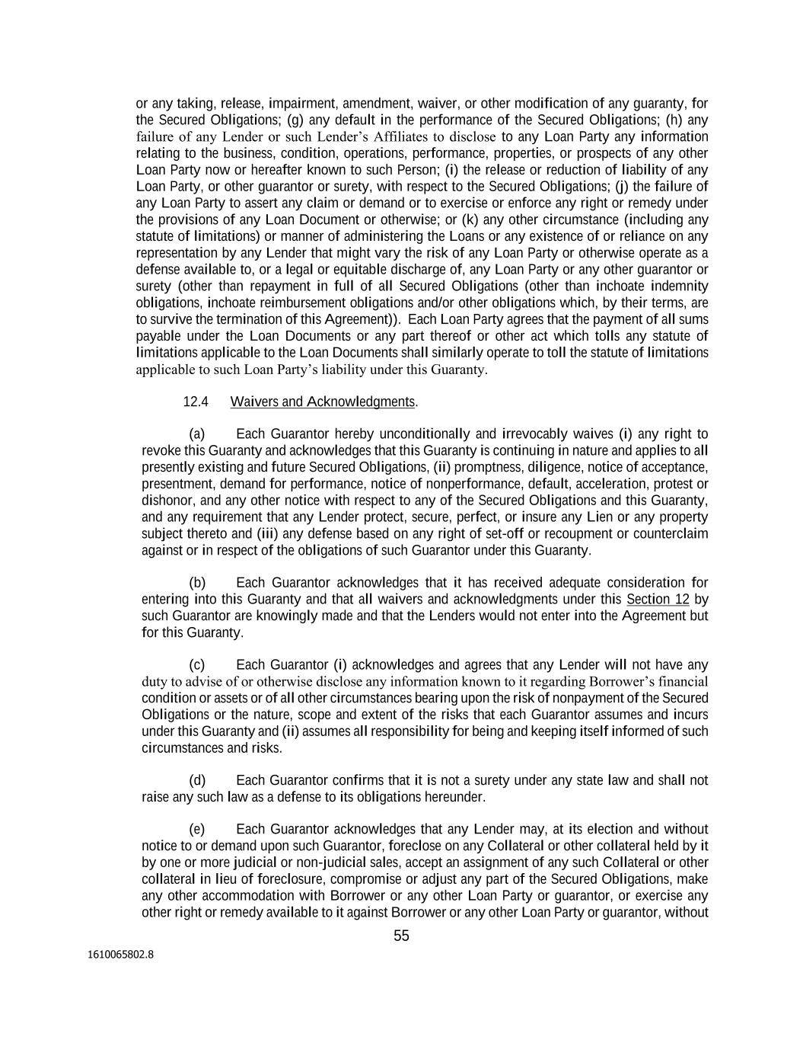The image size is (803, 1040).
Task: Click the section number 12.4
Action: point(196,402)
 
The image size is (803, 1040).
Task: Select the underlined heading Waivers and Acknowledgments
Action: point(323,402)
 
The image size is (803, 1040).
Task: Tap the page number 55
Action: point(401,936)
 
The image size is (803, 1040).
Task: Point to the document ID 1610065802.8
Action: point(120,953)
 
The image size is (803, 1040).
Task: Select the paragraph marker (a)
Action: point(197,434)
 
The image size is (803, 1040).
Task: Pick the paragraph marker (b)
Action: point(197,583)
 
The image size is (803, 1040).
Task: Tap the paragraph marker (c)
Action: point(196,665)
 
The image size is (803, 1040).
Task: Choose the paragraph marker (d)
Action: point(197,780)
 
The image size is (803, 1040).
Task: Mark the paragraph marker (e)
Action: point(197,829)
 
